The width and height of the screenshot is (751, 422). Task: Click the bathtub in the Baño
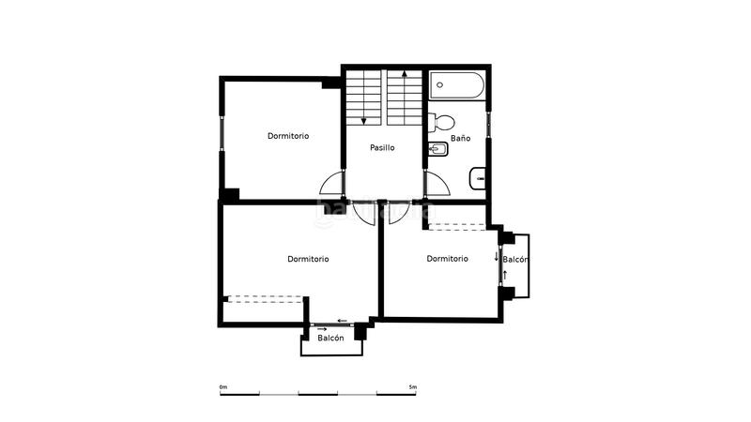click(459, 85)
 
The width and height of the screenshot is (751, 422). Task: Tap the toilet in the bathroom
click(442, 122)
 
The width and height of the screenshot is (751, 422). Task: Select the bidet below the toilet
click(438, 148)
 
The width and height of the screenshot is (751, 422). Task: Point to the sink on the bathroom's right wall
click(478, 175)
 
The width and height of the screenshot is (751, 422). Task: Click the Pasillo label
click(382, 148)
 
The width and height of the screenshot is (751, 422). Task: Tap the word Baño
click(460, 138)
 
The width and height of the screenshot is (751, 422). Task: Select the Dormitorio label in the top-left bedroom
click(288, 136)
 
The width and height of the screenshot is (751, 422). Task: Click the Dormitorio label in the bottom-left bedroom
click(308, 259)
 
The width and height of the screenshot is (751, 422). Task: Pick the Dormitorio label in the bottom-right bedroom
click(447, 259)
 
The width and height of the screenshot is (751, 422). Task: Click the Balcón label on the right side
click(516, 260)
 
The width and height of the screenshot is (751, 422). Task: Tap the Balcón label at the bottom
click(330, 339)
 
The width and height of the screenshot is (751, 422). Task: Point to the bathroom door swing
click(436, 185)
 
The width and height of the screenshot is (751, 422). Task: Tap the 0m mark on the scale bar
click(222, 386)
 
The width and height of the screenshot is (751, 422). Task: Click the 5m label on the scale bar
click(412, 386)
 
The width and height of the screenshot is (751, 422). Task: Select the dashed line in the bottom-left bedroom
click(267, 298)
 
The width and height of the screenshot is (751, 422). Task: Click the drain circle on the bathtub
click(439, 85)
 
